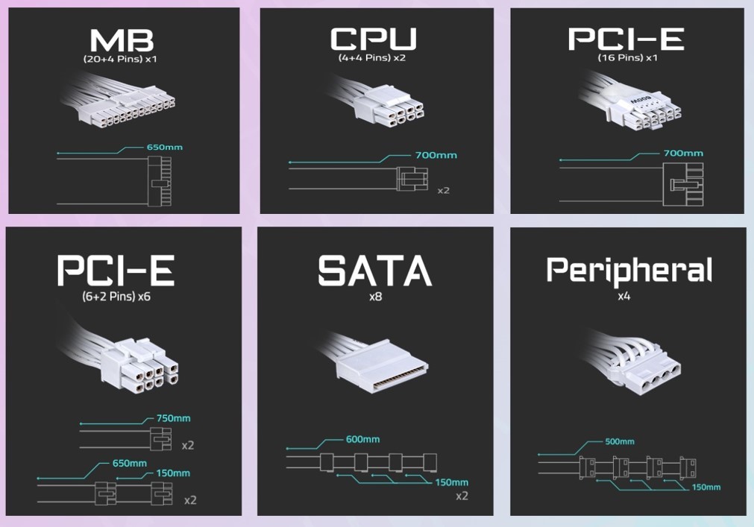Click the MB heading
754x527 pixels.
tap(122, 40)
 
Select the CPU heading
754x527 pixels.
tap(373, 39)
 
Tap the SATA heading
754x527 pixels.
tap(375, 270)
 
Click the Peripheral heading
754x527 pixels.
tap(629, 271)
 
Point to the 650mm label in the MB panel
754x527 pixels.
tap(165, 147)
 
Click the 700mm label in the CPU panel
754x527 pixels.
tap(436, 155)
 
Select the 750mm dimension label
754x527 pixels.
tap(173, 418)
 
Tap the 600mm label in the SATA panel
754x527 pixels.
tap(362, 439)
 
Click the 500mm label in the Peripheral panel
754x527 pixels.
tap(619, 441)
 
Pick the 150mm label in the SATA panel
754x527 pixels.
tap(451, 482)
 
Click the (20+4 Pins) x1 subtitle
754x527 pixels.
tap(120, 60)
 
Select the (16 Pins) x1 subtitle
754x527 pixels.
tap(627, 57)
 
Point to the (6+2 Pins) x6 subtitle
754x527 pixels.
tap(116, 297)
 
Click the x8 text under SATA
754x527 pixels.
tap(375, 297)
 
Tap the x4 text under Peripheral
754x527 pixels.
tap(623, 297)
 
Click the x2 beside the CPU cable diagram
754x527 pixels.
tap(443, 191)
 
